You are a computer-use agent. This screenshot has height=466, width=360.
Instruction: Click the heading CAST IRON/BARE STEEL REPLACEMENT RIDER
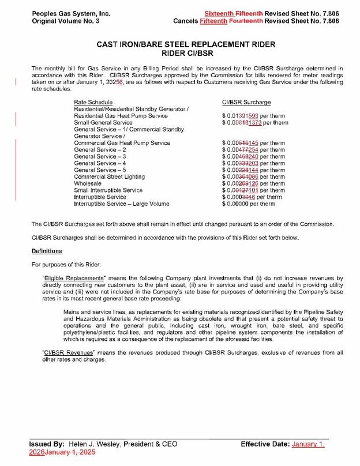pyautogui.click(x=179, y=44)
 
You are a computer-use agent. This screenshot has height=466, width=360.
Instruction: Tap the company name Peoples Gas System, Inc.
pyautogui.click(x=63, y=13)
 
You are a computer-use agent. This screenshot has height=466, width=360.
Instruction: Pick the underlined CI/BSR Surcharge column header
pyautogui.click(x=246, y=102)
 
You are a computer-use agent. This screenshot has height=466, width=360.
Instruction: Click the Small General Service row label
pyautogui.click(x=103, y=123)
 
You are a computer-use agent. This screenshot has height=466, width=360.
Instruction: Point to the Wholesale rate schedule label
pyautogui.click(x=88, y=183)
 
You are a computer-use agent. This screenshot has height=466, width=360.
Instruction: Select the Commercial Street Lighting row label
pyautogui.click(x=109, y=176)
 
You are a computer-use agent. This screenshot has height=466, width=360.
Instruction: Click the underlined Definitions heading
pyautogui.click(x=47, y=251)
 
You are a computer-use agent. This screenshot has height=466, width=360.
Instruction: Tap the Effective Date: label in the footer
pyautogui.click(x=265, y=445)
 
